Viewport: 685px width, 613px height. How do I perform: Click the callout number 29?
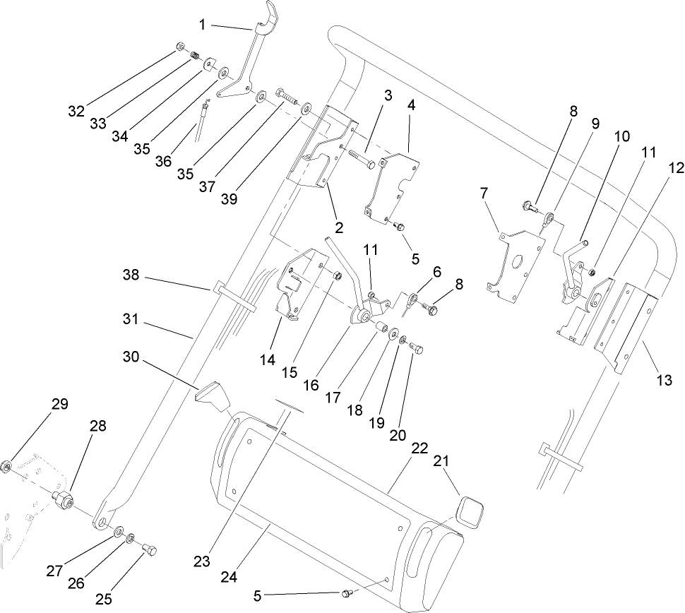(59, 404)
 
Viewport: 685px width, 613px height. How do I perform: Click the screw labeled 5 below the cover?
(347, 594)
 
